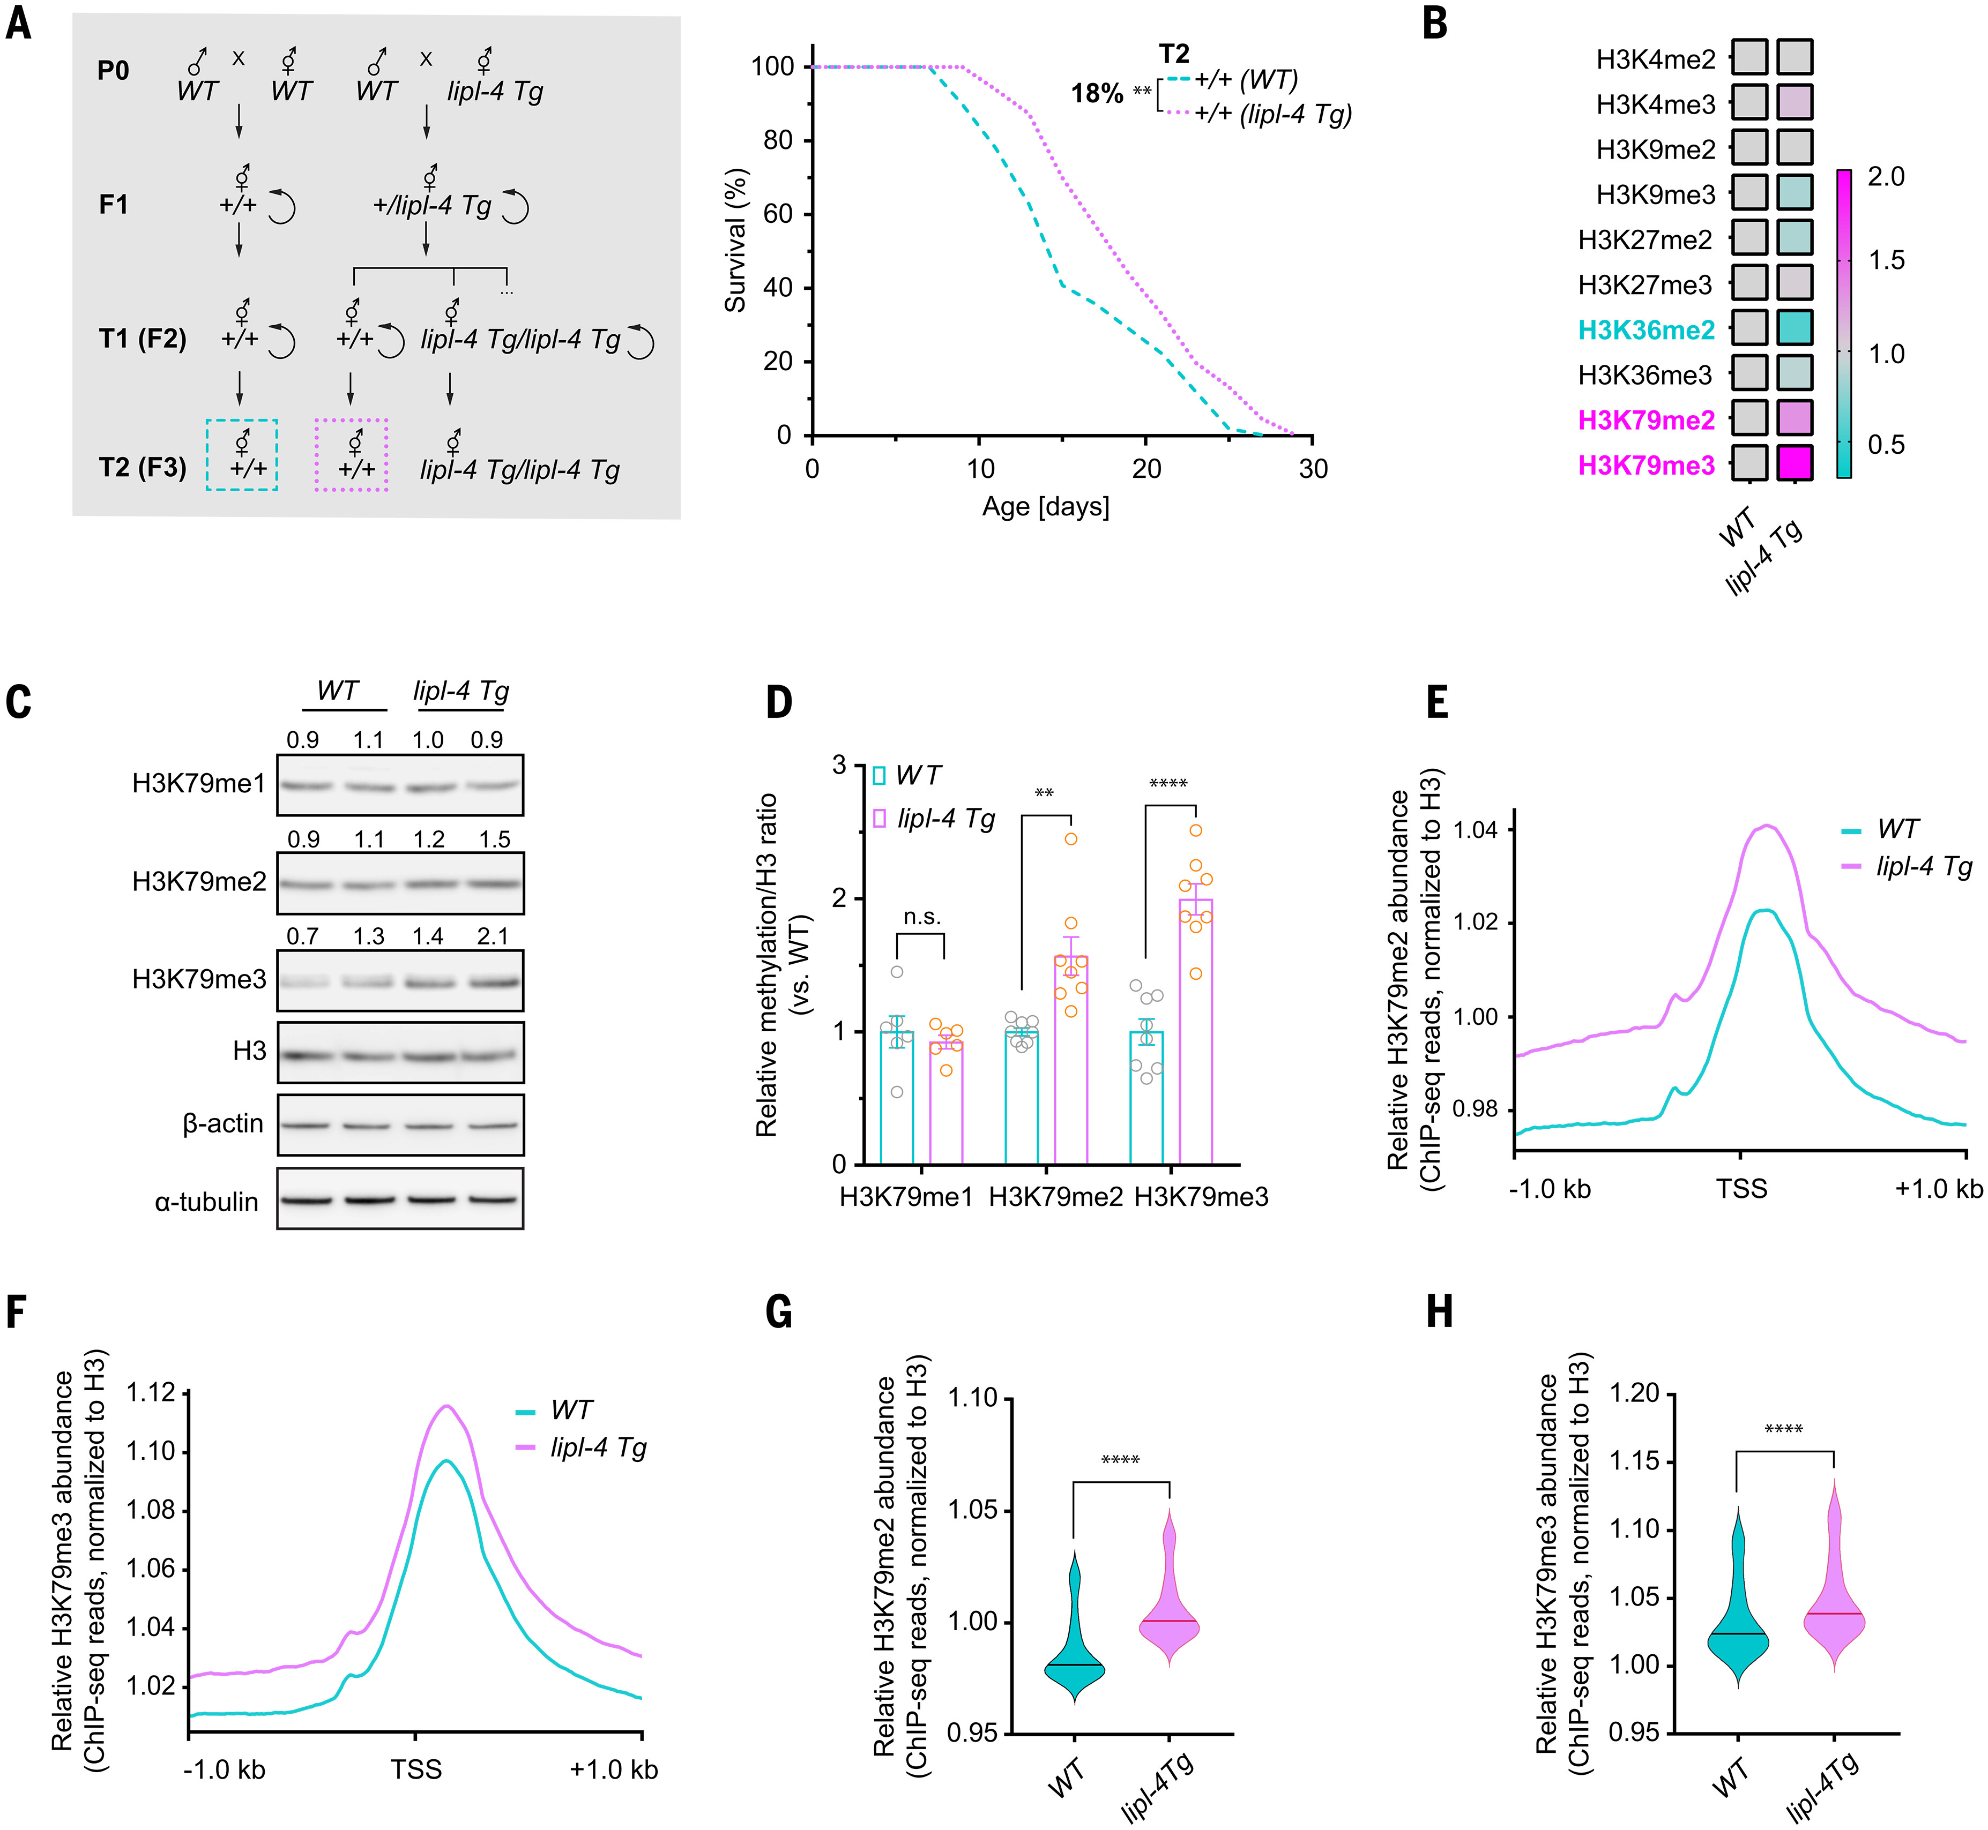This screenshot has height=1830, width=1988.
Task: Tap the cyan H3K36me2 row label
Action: [x=1646, y=330]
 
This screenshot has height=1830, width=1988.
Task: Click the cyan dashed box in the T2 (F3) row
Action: [x=242, y=454]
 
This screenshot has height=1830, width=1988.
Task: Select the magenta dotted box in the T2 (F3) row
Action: [x=351, y=454]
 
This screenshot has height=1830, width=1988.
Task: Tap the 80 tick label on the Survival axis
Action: [x=779, y=140]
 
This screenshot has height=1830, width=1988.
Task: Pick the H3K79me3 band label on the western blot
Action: [x=199, y=979]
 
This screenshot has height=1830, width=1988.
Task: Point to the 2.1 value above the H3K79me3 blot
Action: [x=492, y=936]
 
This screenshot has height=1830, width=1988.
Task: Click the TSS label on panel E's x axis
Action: [x=1741, y=1188]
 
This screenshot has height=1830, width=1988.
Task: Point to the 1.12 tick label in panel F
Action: [x=151, y=1393]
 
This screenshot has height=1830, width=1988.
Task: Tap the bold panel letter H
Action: [x=1439, y=1312]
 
